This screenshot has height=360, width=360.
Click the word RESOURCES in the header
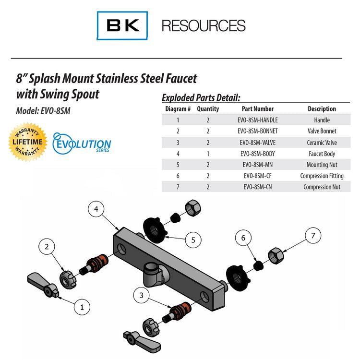tap(204, 25)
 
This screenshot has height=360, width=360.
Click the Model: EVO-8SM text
tap(44, 110)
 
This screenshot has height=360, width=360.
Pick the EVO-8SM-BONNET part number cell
tap(257, 131)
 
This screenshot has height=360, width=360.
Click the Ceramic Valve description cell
tap(322, 143)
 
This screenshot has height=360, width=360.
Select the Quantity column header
tap(208, 109)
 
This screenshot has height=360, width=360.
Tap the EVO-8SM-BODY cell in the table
tap(257, 154)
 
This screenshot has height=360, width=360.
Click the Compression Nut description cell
tap(322, 187)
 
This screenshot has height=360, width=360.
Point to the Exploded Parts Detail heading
tap(201, 97)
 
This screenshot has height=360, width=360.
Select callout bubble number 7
tap(313, 236)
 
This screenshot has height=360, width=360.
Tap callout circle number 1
tap(82, 306)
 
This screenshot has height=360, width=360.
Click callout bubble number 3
tap(141, 296)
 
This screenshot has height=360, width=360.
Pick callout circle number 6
tap(243, 238)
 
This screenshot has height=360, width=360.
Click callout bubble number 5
tap(193, 240)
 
